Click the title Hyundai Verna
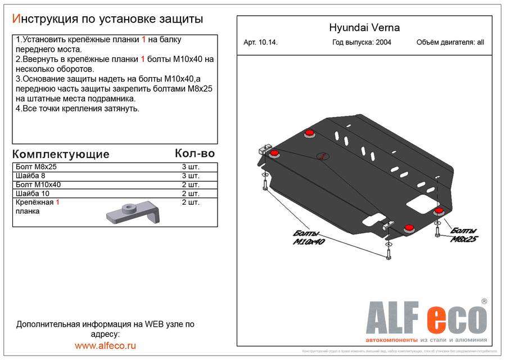point(364,28)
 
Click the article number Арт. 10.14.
point(261,42)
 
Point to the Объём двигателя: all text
point(450,42)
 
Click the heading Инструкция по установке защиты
point(107,19)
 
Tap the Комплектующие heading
point(61,154)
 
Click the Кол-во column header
point(195,153)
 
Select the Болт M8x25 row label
point(37,167)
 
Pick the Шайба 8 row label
point(33,176)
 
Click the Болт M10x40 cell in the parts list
point(39,184)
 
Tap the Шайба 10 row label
point(34,193)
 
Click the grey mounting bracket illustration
point(132,213)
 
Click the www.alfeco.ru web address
point(105,345)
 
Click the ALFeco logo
point(426,318)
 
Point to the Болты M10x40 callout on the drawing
point(306,238)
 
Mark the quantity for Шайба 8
point(190,176)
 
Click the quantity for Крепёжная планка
point(190,202)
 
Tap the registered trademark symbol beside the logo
point(484,301)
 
